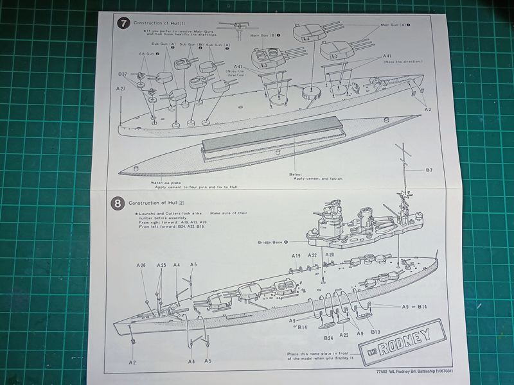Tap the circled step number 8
pyautogui.click(x=118, y=203)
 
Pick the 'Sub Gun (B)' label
pyautogui.click(x=191, y=44)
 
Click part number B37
pyautogui.click(x=123, y=74)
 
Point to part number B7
pyautogui.click(x=429, y=170)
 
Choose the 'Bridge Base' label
pyautogui.click(x=270, y=241)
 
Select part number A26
pyautogui.click(x=141, y=265)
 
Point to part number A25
pyautogui.click(x=161, y=265)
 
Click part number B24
pyautogui.click(x=328, y=338)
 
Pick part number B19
pyautogui.click(x=376, y=332)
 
